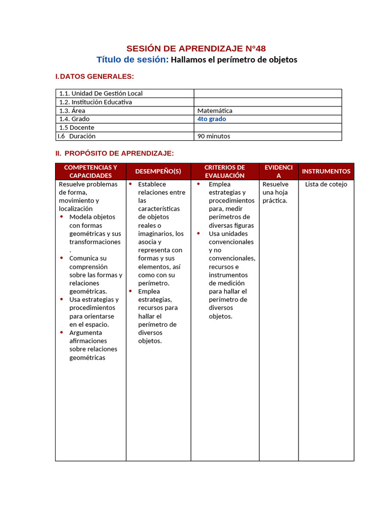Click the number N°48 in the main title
255,48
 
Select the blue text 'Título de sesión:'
132,60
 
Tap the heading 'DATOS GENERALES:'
96,76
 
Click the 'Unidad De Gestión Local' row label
101,93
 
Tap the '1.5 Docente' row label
77,128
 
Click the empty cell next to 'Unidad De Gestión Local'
268,93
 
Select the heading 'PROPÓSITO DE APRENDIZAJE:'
119,153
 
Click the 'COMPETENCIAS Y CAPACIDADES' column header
90,171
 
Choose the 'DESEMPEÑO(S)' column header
158,171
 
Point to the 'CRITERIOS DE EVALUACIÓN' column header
225,171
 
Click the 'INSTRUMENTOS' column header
326,171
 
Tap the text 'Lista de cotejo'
326,184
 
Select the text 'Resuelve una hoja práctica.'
276,192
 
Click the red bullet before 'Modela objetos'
62,217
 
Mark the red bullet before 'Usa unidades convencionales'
199,233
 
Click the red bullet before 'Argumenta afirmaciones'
62,332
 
